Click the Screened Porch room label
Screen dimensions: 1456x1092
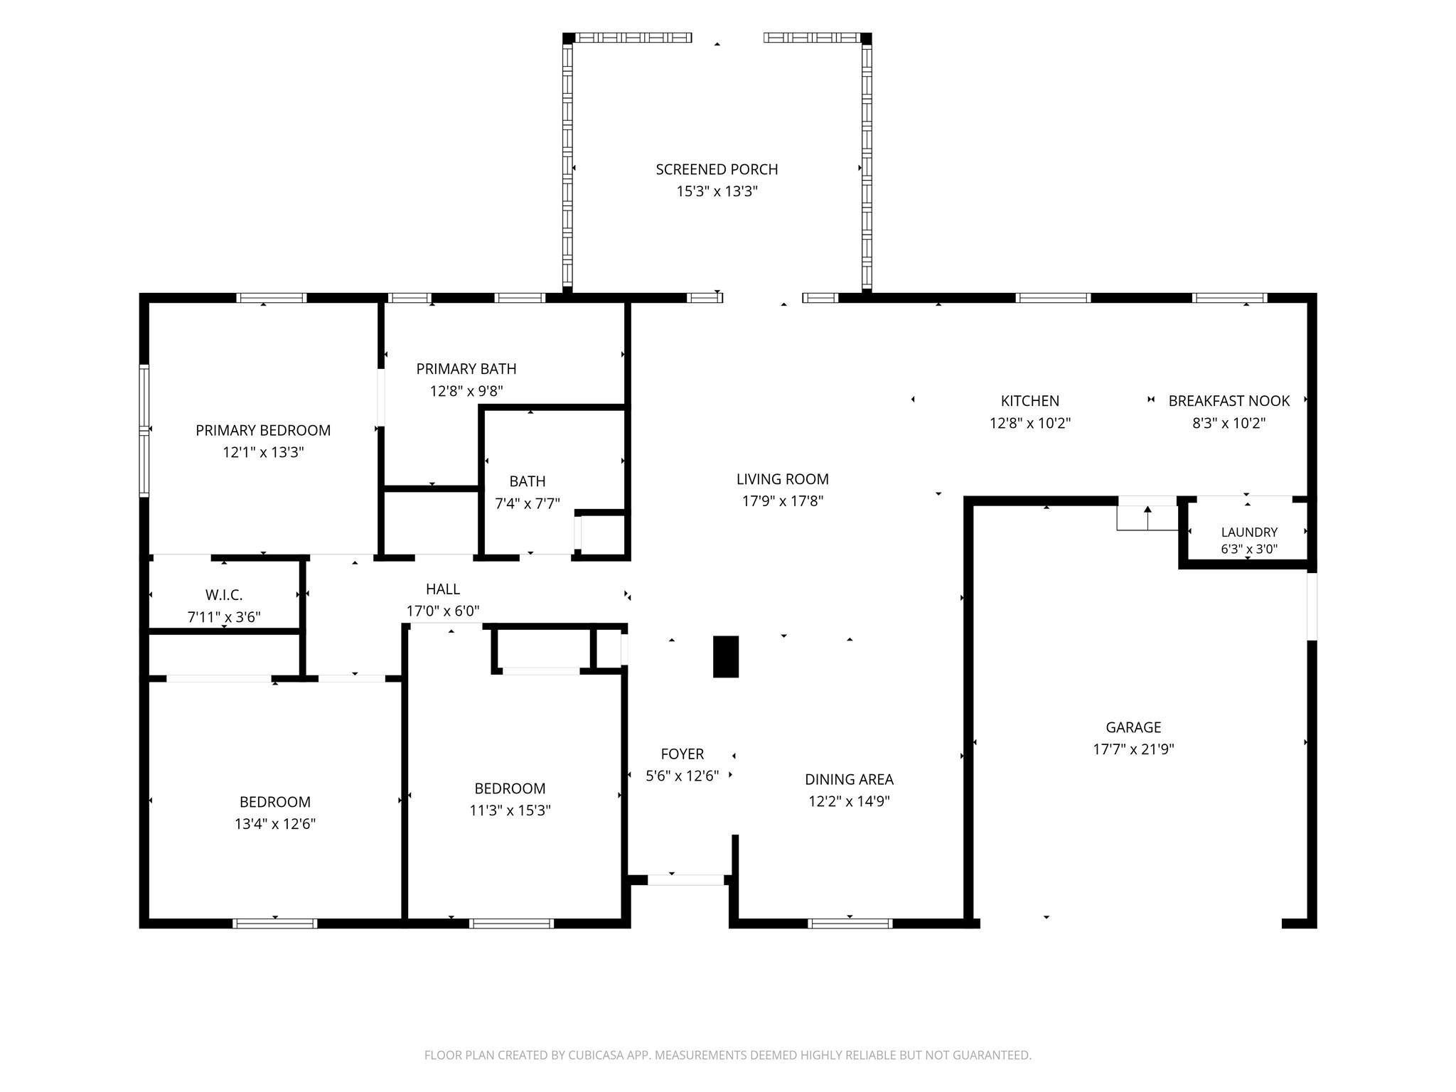(717, 169)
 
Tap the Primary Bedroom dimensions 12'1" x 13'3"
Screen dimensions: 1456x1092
(263, 452)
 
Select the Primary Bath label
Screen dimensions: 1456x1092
(466, 368)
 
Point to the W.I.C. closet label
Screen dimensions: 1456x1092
(224, 595)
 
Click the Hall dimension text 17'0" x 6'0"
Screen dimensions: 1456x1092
(443, 611)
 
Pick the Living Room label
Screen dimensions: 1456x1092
(783, 479)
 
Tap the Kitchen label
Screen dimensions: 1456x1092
(1030, 401)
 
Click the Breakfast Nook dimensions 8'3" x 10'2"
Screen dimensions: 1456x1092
(1229, 423)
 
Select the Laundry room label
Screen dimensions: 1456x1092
(1249, 532)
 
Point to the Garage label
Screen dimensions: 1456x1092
(1133, 727)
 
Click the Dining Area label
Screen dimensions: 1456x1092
(849, 779)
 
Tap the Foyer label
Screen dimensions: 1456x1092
(682, 754)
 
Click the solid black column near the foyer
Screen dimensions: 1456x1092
(726, 656)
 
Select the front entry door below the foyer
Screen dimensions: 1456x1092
(686, 879)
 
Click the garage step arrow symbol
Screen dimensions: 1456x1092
(1147, 517)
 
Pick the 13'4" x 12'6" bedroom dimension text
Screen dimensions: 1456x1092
(275, 824)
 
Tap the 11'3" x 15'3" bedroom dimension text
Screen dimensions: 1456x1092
(510, 810)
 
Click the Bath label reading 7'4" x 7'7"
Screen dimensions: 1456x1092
(528, 481)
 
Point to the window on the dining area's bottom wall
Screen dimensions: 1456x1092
(850, 924)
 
